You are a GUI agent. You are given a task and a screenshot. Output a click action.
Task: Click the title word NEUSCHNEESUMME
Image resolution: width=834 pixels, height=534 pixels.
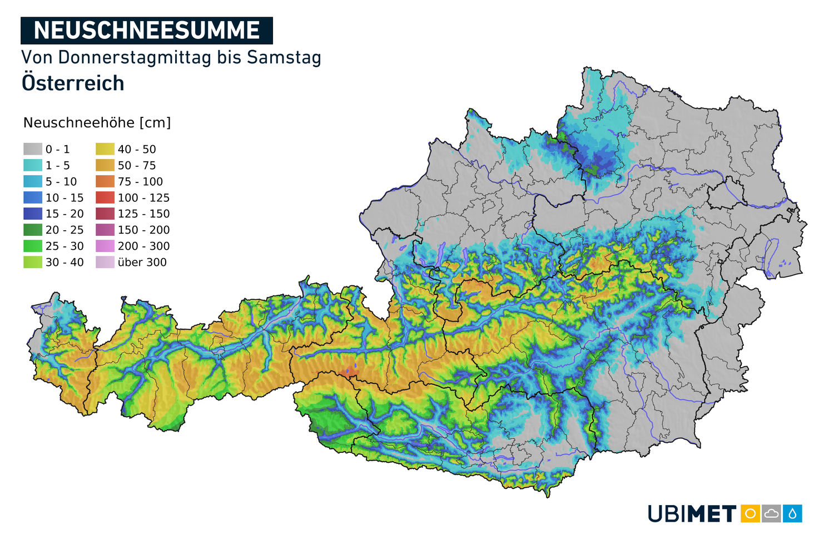(147, 31)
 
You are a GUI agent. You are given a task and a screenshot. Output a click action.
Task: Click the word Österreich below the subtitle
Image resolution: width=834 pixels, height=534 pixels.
(73, 83)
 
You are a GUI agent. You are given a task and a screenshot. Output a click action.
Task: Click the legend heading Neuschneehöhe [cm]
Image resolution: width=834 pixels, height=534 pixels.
(97, 123)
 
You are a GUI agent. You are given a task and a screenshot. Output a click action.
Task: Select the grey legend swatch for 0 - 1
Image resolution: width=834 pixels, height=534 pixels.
(33, 149)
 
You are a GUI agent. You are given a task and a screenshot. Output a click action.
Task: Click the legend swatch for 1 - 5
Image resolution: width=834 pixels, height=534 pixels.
(33, 165)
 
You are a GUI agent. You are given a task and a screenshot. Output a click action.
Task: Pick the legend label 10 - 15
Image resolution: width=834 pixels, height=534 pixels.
(64, 198)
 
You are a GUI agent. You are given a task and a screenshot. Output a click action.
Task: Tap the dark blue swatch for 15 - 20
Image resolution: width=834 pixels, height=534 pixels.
(33, 214)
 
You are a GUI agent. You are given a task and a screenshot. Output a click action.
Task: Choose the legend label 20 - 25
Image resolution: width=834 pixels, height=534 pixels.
(64, 230)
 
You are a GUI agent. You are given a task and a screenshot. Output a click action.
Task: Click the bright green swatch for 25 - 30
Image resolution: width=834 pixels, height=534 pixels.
(33, 246)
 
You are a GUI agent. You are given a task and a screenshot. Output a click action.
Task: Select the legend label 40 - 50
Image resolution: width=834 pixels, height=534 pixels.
(137, 150)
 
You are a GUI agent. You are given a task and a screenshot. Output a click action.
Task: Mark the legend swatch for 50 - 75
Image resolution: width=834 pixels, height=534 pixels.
(105, 165)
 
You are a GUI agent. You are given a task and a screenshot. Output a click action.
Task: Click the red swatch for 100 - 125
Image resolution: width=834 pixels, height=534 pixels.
(105, 197)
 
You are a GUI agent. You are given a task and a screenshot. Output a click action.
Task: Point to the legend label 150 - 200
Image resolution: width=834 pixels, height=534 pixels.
(143, 230)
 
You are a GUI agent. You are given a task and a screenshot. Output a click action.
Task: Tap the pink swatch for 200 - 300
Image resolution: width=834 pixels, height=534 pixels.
(105, 246)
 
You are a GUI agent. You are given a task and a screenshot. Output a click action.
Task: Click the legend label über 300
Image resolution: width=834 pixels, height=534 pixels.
(142, 263)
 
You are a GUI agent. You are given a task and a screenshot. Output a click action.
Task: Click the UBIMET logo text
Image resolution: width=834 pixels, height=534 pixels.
(692, 513)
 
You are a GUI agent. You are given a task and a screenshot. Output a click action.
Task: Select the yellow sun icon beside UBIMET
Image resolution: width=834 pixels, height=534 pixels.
(750, 513)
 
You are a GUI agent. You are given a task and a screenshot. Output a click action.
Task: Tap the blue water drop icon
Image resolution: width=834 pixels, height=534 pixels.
(792, 513)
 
